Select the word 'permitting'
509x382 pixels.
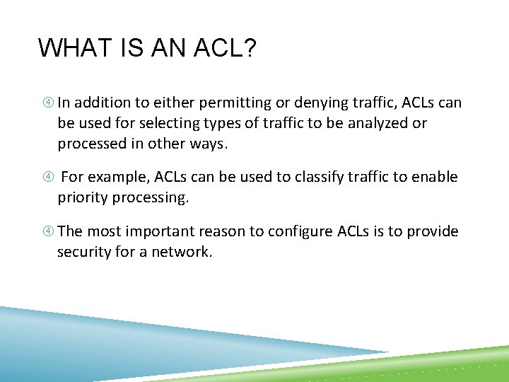(233, 103)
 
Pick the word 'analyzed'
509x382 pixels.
(376, 123)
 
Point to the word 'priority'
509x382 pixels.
(82, 197)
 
